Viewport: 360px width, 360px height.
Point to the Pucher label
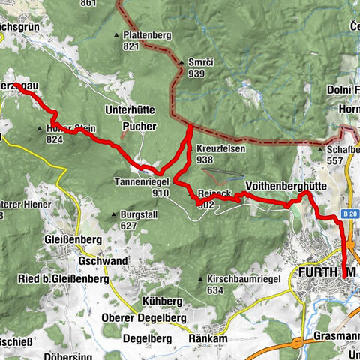pos(139,126)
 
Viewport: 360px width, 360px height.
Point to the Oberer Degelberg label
pos(143,316)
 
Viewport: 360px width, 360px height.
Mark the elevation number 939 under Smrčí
pos(197,73)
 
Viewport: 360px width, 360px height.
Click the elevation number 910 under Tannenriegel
pos(139,193)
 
